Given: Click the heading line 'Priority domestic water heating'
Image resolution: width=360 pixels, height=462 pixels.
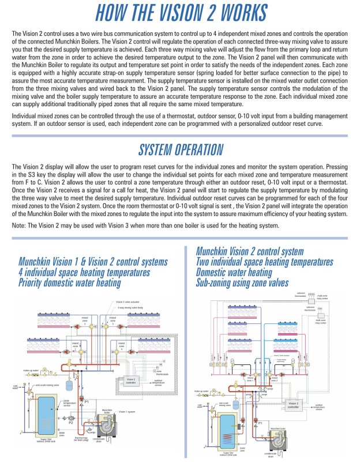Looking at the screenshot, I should (69, 282).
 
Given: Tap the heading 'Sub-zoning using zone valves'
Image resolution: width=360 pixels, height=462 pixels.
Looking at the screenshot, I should (242, 283).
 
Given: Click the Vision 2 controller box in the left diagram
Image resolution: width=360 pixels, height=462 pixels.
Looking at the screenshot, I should (131, 381).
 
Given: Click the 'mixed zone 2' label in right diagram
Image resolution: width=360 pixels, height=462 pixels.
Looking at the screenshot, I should (275, 381).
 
